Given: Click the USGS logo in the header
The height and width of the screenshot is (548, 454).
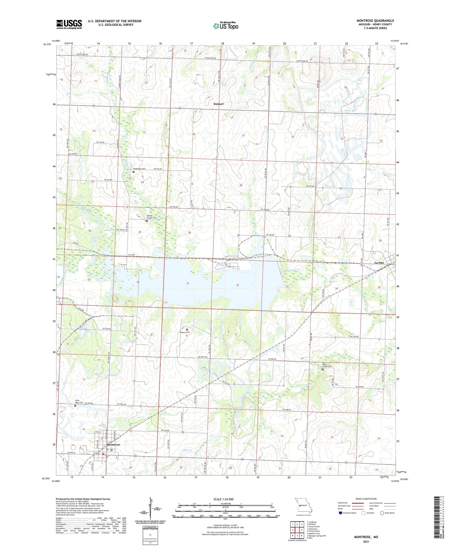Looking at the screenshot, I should pyautogui.click(x=69, y=24).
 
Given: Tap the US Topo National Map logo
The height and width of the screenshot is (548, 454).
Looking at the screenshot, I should pyautogui.click(x=225, y=26).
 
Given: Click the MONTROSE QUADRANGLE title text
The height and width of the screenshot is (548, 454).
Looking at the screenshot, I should pyautogui.click(x=375, y=21).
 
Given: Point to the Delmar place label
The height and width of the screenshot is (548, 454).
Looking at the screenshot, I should pyautogui.click(x=219, y=104).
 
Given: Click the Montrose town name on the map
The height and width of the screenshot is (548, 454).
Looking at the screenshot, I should pyautogui.click(x=113, y=445).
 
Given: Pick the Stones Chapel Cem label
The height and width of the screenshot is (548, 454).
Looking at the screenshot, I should pyautogui.click(x=151, y=217).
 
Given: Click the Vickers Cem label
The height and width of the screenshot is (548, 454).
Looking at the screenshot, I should pyautogui.click(x=184, y=332).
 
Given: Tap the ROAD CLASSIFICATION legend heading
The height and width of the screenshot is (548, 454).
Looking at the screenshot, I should pyautogui.click(x=366, y=499).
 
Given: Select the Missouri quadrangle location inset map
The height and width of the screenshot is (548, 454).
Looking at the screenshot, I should pyautogui.click(x=303, y=506).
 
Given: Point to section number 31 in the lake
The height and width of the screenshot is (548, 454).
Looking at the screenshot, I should pyautogui.click(x=188, y=283).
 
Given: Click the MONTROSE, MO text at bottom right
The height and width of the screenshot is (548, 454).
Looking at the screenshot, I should pyautogui.click(x=366, y=537).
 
